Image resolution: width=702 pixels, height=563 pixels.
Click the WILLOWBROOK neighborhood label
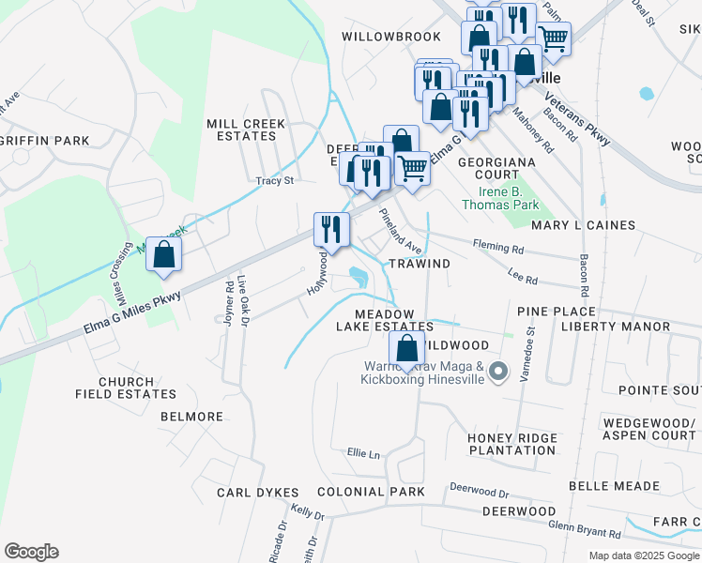(x=390, y=37)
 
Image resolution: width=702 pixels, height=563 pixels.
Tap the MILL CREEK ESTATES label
(x=241, y=129)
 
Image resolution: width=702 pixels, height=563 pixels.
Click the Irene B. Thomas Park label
(x=501, y=197)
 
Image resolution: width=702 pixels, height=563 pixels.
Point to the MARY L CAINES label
(x=583, y=225)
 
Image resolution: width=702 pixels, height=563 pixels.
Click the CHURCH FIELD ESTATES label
(x=114, y=388)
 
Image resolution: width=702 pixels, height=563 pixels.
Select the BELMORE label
(x=191, y=417)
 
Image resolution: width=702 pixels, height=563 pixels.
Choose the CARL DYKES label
(x=257, y=493)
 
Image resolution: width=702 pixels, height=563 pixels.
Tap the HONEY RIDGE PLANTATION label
(x=512, y=444)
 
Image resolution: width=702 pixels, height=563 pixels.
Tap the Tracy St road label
(x=275, y=180)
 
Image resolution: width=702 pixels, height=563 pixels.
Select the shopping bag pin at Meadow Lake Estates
(x=406, y=349)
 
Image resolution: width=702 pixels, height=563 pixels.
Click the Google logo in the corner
(x=31, y=552)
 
